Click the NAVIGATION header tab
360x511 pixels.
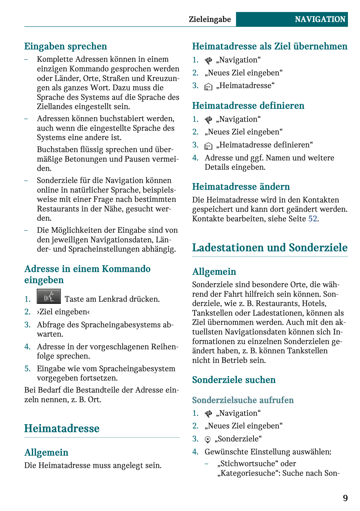[x=320, y=19]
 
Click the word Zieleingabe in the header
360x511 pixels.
[x=210, y=19]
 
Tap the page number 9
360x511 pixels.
[x=345, y=498]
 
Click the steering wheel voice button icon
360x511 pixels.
[x=49, y=296]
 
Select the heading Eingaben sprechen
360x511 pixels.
[x=66, y=46]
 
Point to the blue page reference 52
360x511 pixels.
[x=313, y=219]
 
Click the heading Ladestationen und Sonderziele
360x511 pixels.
[x=270, y=248]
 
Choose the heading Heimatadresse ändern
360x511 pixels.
[x=241, y=187]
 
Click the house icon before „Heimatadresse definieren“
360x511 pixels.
[x=209, y=146]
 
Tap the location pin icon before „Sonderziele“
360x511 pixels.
[x=208, y=439]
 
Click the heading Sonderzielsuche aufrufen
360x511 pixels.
[x=243, y=400]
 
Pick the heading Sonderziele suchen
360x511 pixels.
[x=234, y=380]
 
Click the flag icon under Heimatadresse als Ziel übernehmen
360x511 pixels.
[x=209, y=60]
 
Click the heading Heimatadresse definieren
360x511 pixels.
[x=248, y=106]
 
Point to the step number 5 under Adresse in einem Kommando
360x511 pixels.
[x=28, y=368]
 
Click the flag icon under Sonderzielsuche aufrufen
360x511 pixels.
[x=209, y=414]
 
